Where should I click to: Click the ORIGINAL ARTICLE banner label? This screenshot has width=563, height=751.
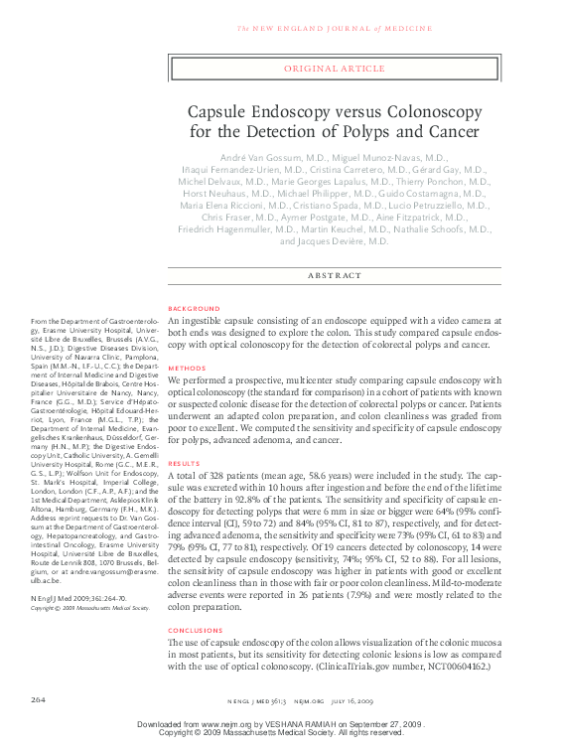[x=335, y=68]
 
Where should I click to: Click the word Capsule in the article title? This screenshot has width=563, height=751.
[x=220, y=111]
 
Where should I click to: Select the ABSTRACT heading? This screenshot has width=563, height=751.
[x=334, y=276]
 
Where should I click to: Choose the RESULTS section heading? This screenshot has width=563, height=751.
[x=184, y=464]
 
